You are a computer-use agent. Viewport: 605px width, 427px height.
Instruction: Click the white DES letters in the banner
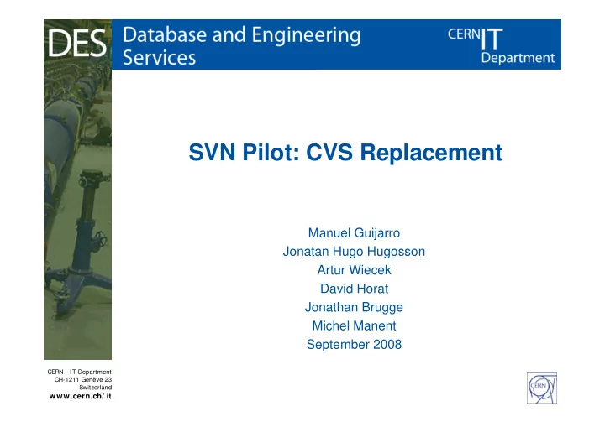click(77, 43)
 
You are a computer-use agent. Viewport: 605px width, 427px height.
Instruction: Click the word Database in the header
click(166, 34)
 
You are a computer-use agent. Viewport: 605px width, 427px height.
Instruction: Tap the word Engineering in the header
click(307, 36)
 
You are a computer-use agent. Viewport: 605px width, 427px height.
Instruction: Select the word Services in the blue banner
click(160, 57)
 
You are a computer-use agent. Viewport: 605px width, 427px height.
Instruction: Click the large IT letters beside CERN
click(492, 39)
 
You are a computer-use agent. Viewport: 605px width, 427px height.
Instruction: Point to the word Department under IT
click(518, 58)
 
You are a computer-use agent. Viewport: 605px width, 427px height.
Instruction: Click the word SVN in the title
click(212, 152)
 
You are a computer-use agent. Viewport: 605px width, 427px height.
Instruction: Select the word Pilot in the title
click(271, 152)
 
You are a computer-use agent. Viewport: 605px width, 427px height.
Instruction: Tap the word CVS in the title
click(329, 152)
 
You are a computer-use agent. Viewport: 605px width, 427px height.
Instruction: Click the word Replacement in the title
click(431, 152)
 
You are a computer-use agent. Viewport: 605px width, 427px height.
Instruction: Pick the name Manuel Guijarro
click(354, 233)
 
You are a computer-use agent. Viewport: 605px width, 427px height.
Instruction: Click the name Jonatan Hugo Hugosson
click(354, 252)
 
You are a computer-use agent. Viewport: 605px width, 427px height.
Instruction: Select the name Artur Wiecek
click(354, 270)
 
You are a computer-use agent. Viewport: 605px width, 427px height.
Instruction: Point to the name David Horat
click(354, 289)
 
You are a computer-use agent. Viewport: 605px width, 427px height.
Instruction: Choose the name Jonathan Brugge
click(354, 307)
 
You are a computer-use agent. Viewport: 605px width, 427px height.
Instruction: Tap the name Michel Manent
click(354, 325)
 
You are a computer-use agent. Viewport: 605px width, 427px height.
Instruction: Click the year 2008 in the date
click(387, 344)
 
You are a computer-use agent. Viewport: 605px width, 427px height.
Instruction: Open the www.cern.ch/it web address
click(81, 396)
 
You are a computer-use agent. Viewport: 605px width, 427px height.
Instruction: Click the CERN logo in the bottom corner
click(542, 388)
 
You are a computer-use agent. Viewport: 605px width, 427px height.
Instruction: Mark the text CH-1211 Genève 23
click(83, 379)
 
